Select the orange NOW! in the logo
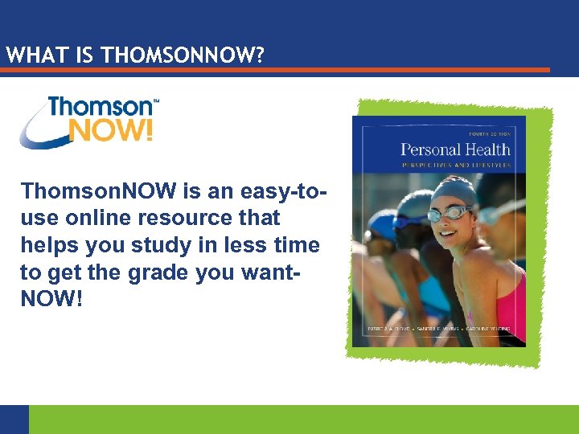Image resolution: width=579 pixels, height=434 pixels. (110, 129)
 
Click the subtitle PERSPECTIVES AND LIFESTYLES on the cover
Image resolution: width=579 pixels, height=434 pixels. (455, 164)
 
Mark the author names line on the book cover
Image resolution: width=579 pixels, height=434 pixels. (439, 330)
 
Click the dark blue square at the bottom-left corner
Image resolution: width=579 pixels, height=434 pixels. (14, 419)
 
